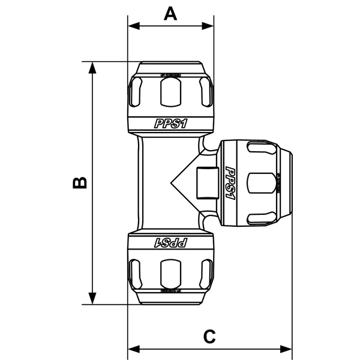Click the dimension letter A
[171, 13]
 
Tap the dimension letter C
[209, 337]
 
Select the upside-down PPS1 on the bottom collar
[171, 242]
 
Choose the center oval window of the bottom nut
[171, 273]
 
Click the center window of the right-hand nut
[259, 183]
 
